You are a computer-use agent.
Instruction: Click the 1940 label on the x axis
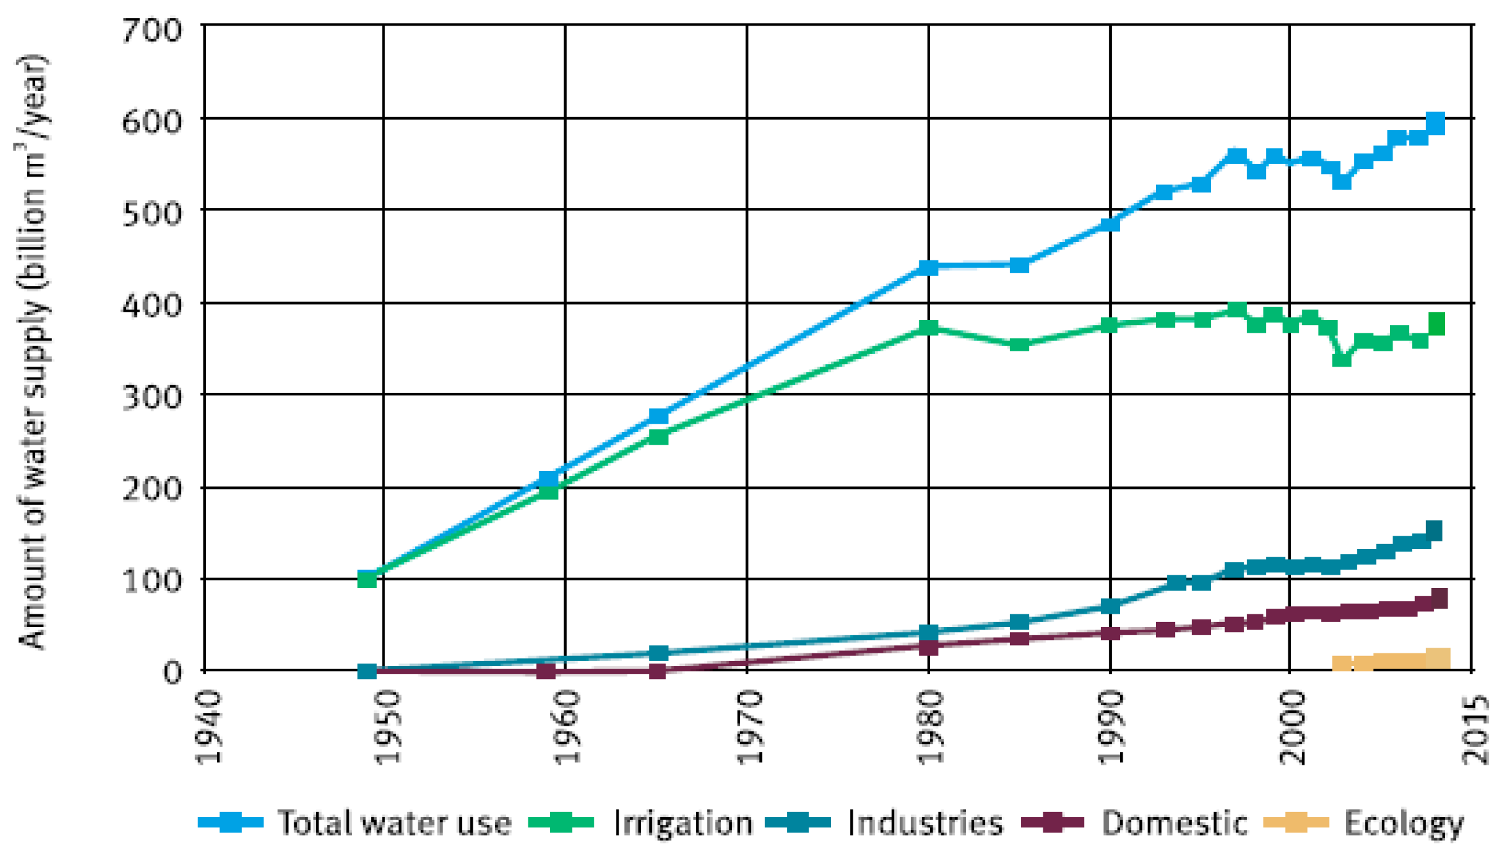coord(209,728)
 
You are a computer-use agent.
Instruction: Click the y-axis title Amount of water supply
coord(32,352)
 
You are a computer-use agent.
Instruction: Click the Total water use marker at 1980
coord(928,267)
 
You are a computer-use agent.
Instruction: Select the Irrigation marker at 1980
coord(928,328)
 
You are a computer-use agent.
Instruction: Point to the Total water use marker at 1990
coord(1110,224)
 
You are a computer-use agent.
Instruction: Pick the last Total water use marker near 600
coord(1435,123)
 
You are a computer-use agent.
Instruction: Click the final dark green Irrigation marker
coord(1437,324)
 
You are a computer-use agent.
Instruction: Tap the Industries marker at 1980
coord(928,633)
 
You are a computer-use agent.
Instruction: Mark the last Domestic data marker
coord(1439,598)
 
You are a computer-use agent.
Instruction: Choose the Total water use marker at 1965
coord(658,417)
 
